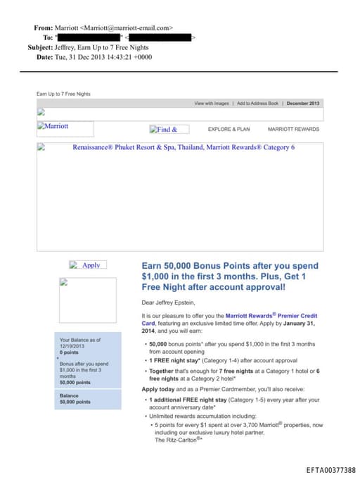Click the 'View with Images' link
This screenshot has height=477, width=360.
[x=212, y=103]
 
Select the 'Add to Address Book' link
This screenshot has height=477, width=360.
[x=258, y=103]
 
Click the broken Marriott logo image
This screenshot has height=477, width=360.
[x=65, y=127]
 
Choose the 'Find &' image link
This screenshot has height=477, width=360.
[x=169, y=129]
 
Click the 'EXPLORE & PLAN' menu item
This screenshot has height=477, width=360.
[x=229, y=129]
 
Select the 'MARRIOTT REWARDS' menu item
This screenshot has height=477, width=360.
[x=293, y=129]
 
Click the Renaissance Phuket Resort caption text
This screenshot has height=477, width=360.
[x=184, y=148]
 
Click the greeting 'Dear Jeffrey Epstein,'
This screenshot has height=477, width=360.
[x=169, y=303]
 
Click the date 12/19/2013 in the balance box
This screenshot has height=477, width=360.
[x=71, y=345]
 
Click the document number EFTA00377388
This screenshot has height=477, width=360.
[x=330, y=469]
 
